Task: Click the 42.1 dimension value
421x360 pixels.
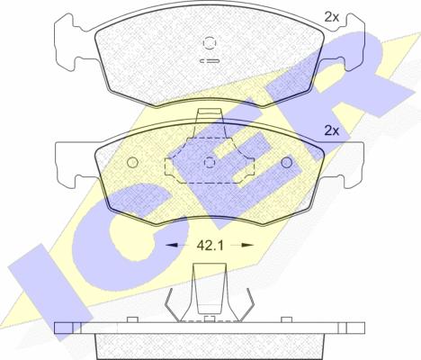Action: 210,246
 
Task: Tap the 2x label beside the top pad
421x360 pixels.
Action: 332,17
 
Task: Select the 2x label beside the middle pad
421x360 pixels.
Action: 332,130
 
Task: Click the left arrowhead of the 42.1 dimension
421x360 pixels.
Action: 172,246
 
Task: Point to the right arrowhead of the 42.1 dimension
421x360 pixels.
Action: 247,246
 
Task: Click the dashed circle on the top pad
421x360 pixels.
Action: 210,42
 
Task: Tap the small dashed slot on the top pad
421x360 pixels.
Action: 210,61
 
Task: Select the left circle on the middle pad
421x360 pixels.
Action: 132,162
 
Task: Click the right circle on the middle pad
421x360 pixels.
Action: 287,162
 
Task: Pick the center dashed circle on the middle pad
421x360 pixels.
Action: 210,162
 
